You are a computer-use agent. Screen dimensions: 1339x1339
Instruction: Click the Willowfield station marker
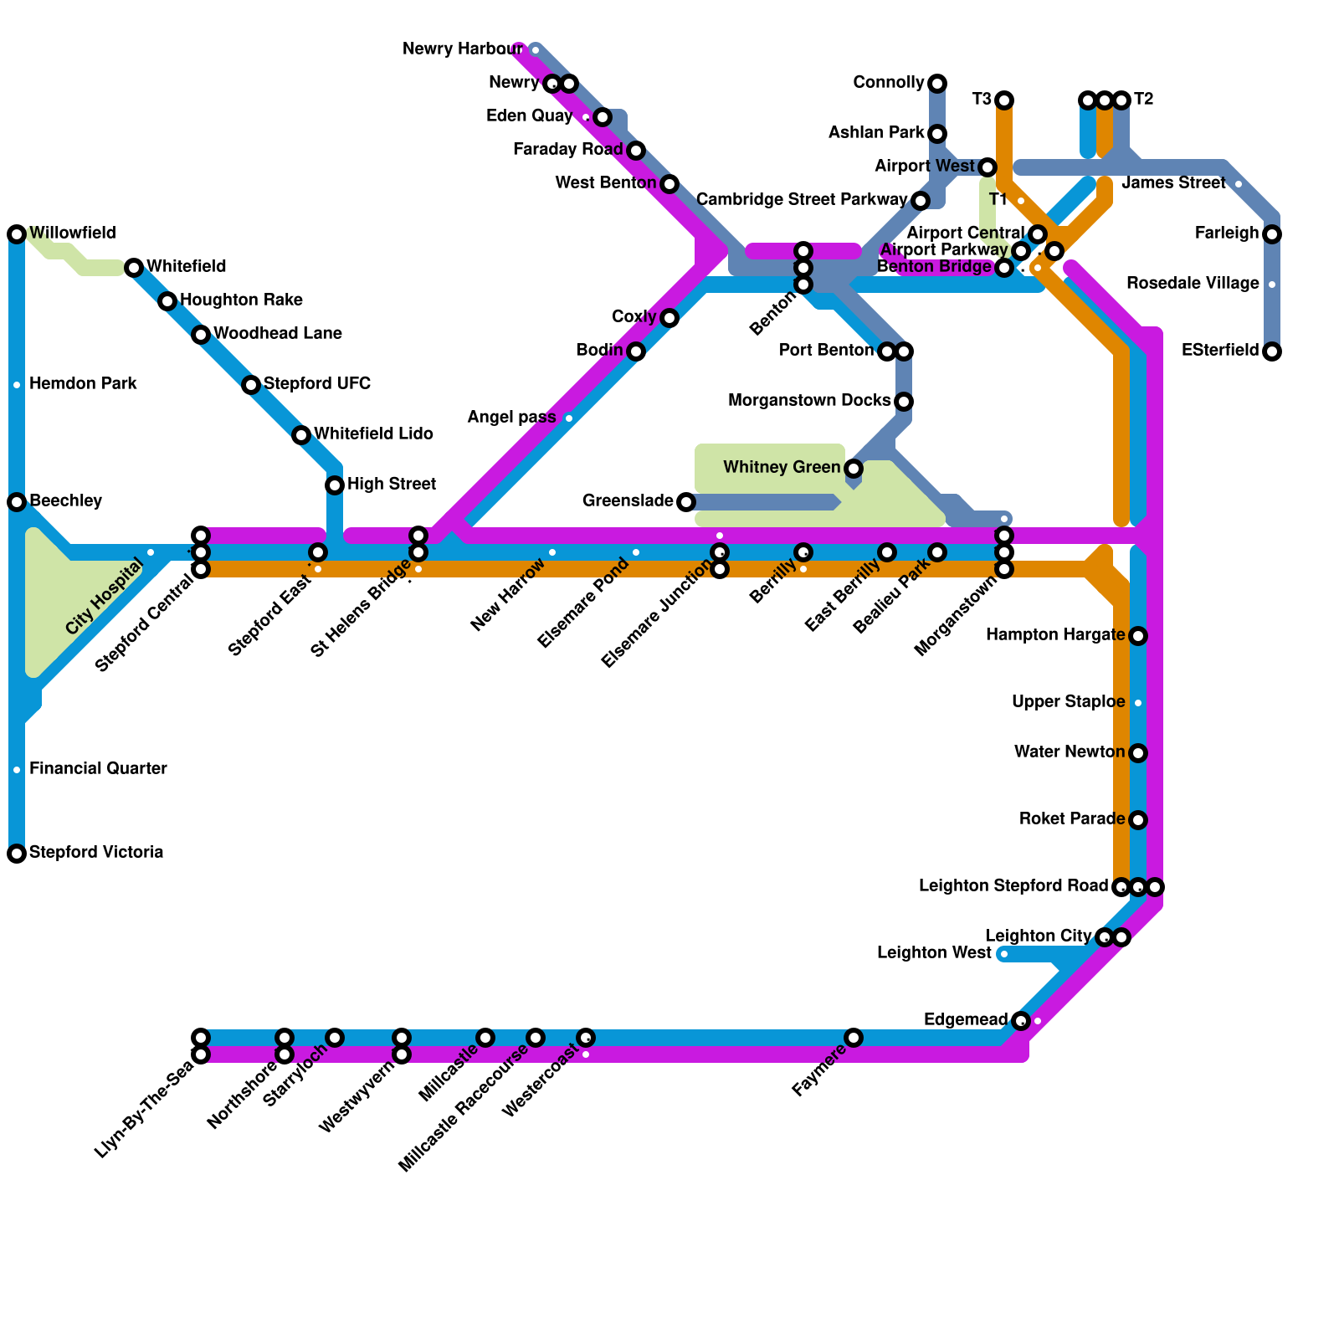pyautogui.click(x=17, y=234)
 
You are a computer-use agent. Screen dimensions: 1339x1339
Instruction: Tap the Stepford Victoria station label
pyautogui.click(x=96, y=853)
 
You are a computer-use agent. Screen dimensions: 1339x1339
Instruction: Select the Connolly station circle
pyautogui.click(x=937, y=84)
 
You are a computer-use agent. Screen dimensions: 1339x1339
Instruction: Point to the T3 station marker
pyautogui.click(x=1004, y=100)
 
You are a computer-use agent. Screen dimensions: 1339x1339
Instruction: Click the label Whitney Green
pyautogui.click(x=782, y=468)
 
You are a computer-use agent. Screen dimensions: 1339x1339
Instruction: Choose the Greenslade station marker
pyautogui.click(x=686, y=502)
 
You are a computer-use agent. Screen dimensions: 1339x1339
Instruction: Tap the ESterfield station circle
pyautogui.click(x=1272, y=351)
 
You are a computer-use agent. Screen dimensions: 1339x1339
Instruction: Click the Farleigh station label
pyautogui.click(x=1227, y=233)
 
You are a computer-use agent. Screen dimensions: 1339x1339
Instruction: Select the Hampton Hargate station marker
pyautogui.click(x=1138, y=636)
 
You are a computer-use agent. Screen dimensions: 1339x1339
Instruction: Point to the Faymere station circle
pyautogui.click(x=854, y=1038)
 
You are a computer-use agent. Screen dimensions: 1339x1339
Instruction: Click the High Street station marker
pyautogui.click(x=335, y=485)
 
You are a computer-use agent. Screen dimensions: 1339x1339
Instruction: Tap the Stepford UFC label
pyautogui.click(x=317, y=384)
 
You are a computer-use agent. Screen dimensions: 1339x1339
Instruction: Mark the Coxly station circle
pyautogui.click(x=669, y=318)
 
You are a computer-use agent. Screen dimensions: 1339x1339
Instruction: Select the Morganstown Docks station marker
pyautogui.click(x=904, y=402)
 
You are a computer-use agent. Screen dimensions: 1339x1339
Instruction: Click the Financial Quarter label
pyautogui.click(x=98, y=769)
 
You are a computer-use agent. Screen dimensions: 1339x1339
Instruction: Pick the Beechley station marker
pyautogui.click(x=17, y=502)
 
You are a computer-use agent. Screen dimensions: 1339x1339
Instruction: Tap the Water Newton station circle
pyautogui.click(x=1138, y=753)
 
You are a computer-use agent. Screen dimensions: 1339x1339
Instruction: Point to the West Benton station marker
pyautogui.click(x=669, y=184)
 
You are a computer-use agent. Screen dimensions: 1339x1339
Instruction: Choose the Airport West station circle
pyautogui.click(x=988, y=167)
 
